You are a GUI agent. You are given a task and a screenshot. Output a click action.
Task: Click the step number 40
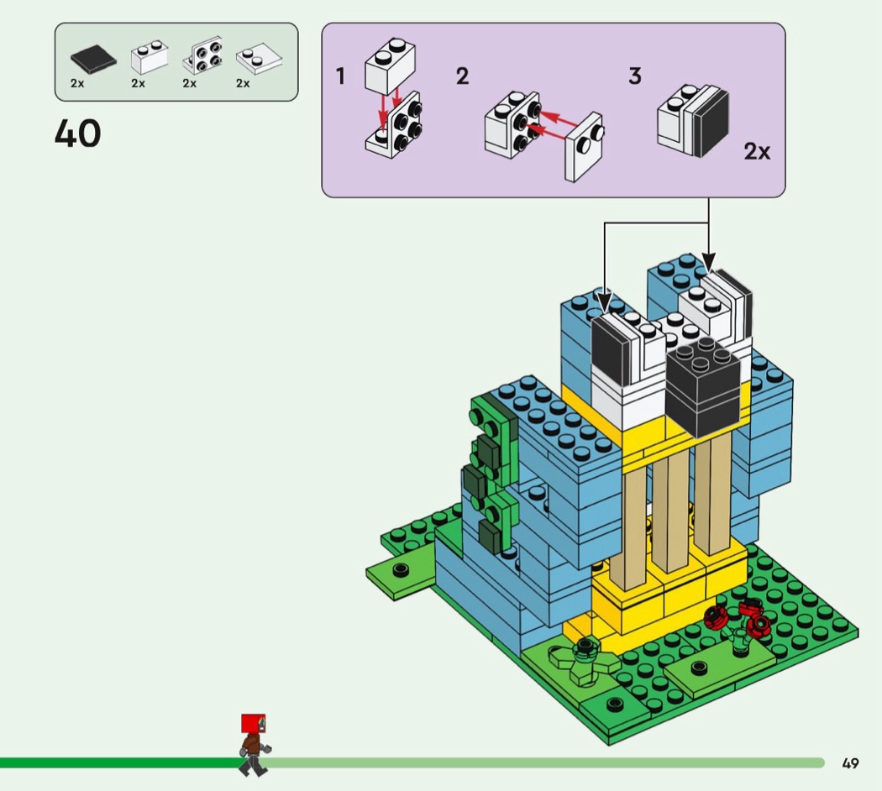click(77, 134)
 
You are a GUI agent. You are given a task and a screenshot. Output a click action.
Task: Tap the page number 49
click(850, 763)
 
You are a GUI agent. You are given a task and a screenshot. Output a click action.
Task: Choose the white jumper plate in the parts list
click(257, 59)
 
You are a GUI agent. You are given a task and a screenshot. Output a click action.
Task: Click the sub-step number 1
click(340, 76)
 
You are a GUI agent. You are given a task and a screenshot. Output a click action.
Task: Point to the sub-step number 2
click(462, 76)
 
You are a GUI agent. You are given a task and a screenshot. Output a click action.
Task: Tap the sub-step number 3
click(635, 76)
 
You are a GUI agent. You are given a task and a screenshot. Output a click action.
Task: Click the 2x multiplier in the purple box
click(757, 152)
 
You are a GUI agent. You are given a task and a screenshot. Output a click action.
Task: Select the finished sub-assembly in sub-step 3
click(693, 124)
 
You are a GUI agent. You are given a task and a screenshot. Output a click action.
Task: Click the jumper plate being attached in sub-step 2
click(584, 146)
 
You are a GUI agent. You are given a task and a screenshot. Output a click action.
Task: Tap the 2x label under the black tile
click(77, 83)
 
